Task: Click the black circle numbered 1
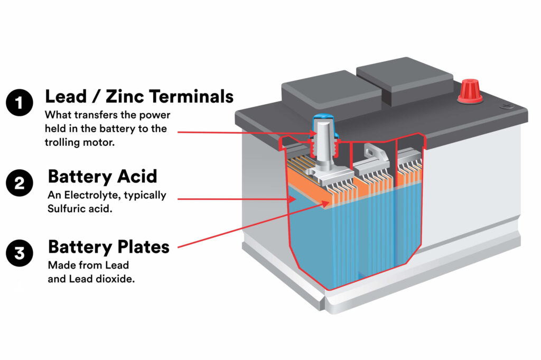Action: pos(19,103)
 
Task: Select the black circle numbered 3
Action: pos(19,253)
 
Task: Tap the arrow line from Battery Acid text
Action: pos(232,199)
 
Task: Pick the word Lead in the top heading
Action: pos(65,97)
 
